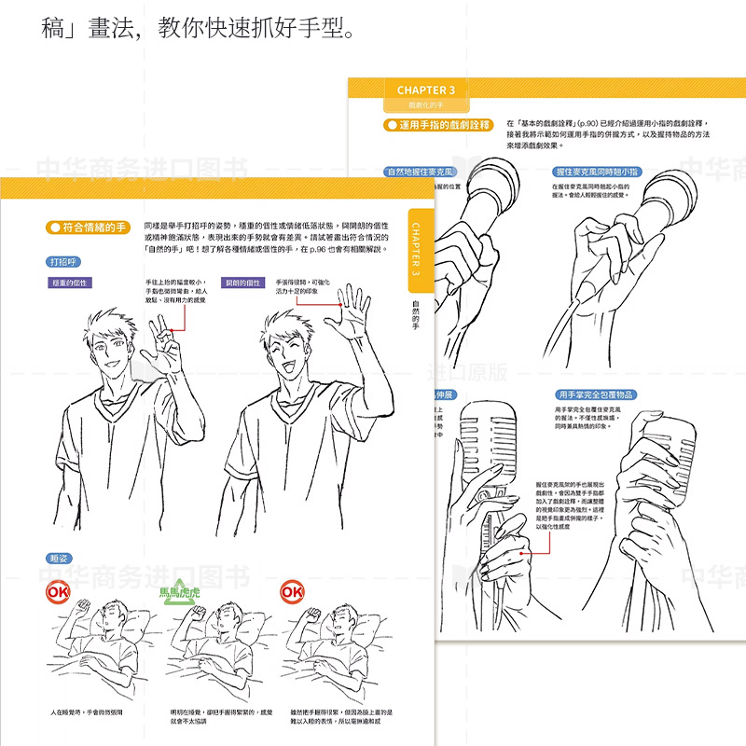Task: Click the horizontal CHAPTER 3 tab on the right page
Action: (x=425, y=90)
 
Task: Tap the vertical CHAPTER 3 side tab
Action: (x=416, y=248)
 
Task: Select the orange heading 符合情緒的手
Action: (x=88, y=228)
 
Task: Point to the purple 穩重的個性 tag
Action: (x=70, y=283)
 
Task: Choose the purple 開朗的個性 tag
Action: (x=241, y=283)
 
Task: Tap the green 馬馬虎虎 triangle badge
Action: (x=181, y=593)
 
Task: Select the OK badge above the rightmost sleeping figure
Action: (x=292, y=592)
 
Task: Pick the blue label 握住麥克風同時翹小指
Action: (x=597, y=173)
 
